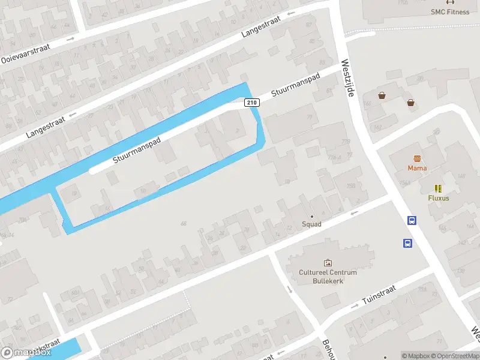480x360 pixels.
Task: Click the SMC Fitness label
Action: (x=450, y=11)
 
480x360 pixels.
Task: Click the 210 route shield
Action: (x=252, y=103)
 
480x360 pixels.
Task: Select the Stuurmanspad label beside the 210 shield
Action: (x=296, y=85)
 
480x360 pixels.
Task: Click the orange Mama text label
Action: (x=417, y=168)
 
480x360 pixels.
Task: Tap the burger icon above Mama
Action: (x=417, y=158)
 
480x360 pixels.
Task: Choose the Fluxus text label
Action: (x=439, y=198)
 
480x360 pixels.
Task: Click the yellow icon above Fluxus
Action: (x=438, y=188)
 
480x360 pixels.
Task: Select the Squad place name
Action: (x=311, y=224)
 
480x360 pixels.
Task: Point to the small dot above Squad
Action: (x=311, y=216)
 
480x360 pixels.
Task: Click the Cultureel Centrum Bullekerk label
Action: (x=328, y=277)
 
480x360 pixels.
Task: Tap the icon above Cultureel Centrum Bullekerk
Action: (x=328, y=263)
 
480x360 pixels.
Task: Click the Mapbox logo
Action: (x=25, y=353)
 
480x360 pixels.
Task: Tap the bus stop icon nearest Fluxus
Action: (x=412, y=220)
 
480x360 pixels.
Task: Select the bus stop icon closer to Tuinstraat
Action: (x=407, y=243)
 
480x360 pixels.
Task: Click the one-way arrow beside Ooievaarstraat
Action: (x=70, y=39)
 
